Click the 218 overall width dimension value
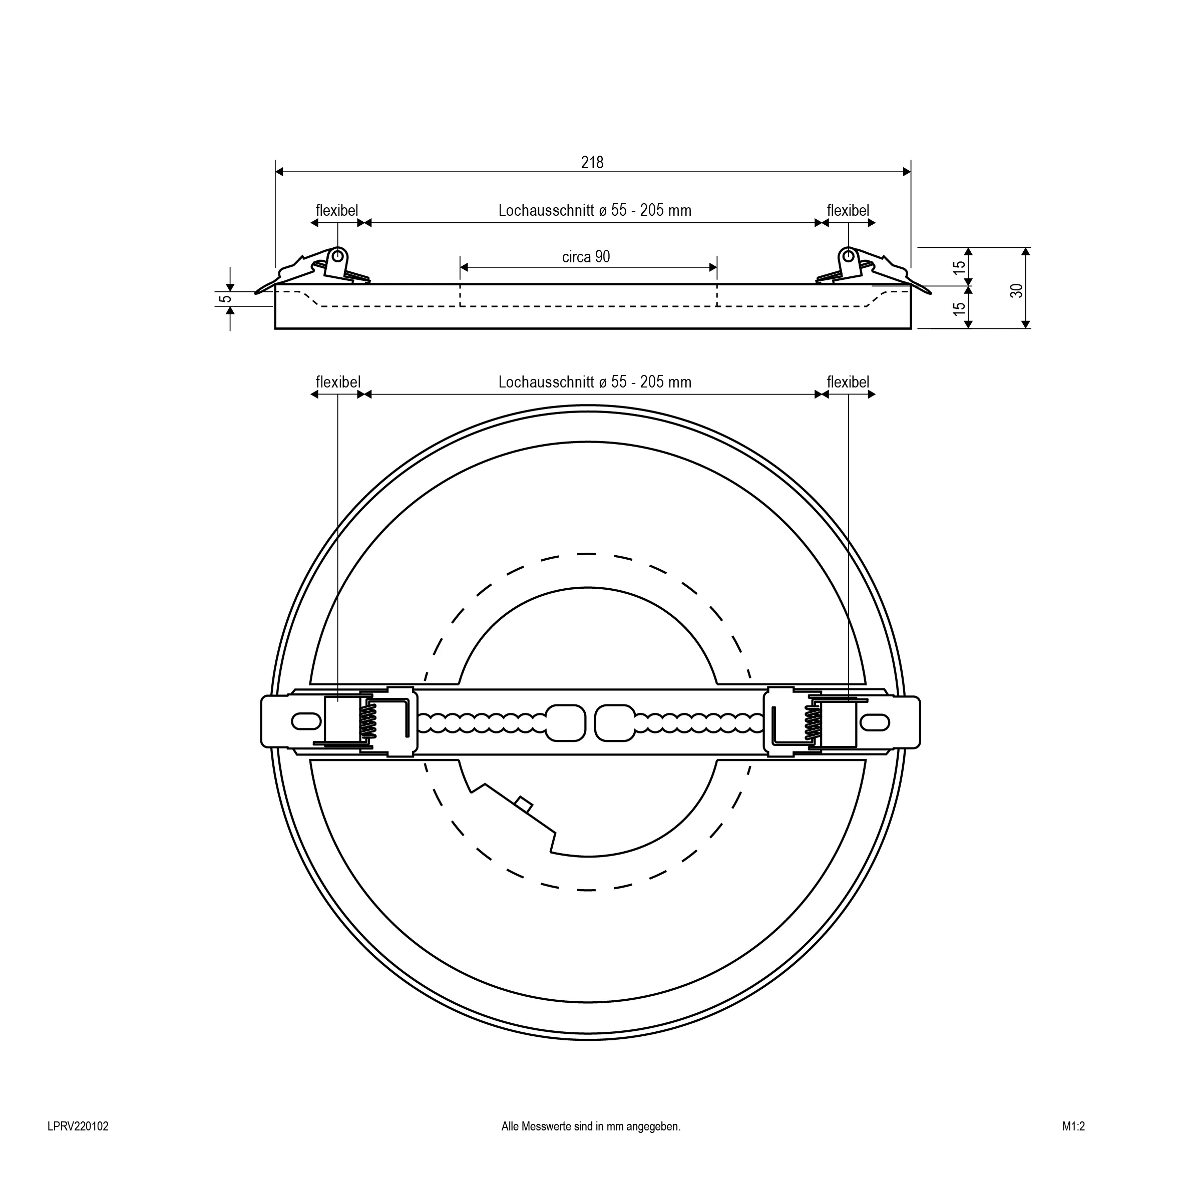(592, 162)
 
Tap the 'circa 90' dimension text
(586, 256)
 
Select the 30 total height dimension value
(1016, 290)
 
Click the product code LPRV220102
(78, 1126)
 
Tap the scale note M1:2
(1073, 1126)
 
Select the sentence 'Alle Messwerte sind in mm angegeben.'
(591, 1126)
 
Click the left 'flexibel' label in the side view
(337, 211)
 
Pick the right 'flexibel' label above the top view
(848, 382)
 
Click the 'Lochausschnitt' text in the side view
(546, 211)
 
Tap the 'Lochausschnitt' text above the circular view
(546, 382)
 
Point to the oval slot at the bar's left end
(305, 721)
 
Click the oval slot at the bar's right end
(876, 721)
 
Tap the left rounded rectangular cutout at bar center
(565, 722)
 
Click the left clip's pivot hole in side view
(337, 255)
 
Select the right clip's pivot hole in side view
(848, 255)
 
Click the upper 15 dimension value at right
(960, 267)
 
